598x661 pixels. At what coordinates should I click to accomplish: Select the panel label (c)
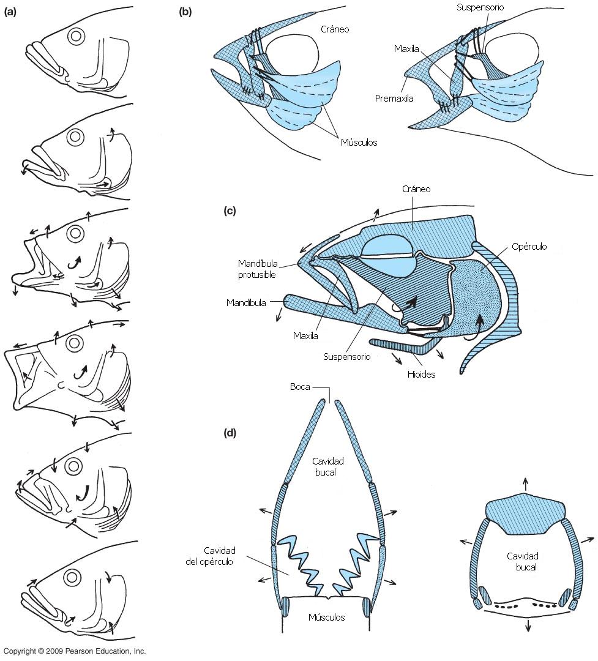(x=230, y=211)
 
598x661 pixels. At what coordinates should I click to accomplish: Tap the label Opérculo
(x=529, y=247)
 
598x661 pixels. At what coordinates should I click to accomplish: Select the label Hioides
(x=420, y=374)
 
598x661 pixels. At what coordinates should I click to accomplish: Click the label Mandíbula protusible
(x=258, y=269)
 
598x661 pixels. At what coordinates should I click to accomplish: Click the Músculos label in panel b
(x=359, y=143)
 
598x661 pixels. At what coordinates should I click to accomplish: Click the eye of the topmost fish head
(x=76, y=36)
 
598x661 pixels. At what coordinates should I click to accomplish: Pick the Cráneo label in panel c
(x=417, y=189)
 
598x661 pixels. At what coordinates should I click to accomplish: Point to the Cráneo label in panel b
(x=335, y=29)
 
